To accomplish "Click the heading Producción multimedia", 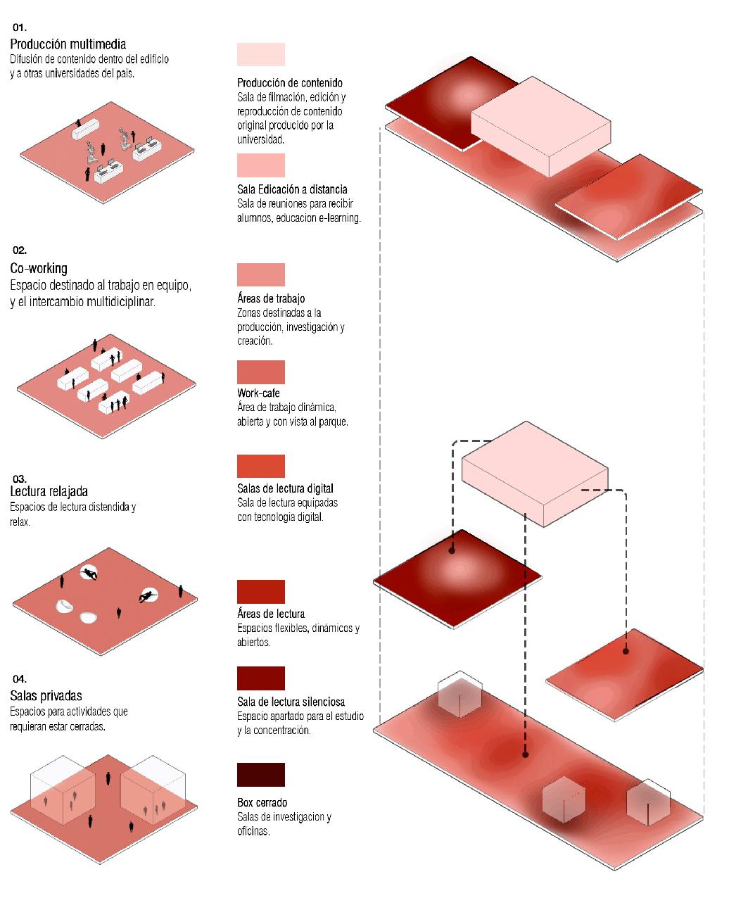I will [x=68, y=45].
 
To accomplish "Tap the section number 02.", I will [x=19, y=250].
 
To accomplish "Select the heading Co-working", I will [x=39, y=268].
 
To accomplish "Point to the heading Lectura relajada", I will [x=49, y=491].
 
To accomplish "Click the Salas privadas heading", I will [x=46, y=696].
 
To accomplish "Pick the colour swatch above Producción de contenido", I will [x=261, y=55].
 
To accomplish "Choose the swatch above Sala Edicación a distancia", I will [x=261, y=165].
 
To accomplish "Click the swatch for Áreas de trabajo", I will [x=261, y=274].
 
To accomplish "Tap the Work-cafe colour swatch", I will [x=261, y=372].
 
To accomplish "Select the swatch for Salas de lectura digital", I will [x=261, y=466].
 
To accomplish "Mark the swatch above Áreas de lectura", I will [x=261, y=592].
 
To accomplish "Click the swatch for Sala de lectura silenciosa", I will [x=261, y=678].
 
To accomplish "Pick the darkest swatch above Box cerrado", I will [x=261, y=775].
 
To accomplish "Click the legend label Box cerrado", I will [x=262, y=803].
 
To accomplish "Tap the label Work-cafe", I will [x=258, y=393].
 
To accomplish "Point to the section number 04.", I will [x=19, y=679].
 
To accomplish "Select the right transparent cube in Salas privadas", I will [x=153, y=788].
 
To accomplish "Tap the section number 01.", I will [x=19, y=27].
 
